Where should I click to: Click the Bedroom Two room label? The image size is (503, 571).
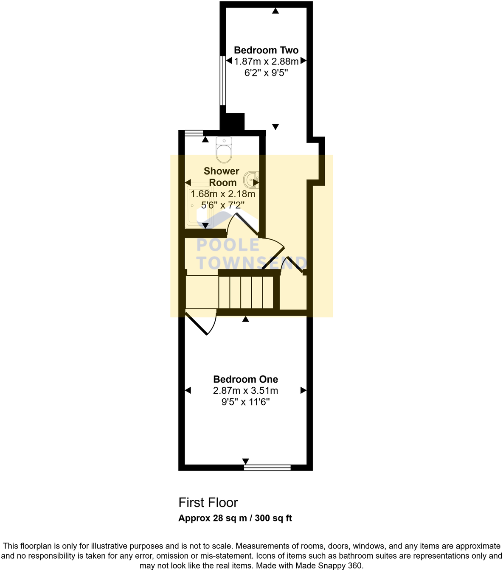(266, 50)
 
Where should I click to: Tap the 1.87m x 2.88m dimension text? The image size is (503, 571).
(266, 62)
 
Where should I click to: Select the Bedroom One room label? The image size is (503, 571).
(245, 379)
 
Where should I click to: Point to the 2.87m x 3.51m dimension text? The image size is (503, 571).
(245, 391)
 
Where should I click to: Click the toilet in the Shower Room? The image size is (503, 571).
(224, 149)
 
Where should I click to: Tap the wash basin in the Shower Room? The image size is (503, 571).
(251, 179)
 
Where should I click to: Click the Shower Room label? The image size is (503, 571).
(222, 177)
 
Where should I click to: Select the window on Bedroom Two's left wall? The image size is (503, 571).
(222, 80)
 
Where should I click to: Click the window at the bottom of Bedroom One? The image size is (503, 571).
(267, 467)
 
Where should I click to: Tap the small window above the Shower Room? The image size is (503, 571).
(194, 133)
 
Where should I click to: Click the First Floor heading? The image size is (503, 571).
(208, 503)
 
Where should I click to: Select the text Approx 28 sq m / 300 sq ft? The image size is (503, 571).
(235, 518)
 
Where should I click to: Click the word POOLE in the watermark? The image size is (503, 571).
(228, 245)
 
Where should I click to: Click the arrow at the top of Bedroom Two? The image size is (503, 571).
(275, 11)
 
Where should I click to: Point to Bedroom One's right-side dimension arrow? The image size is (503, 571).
(303, 390)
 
